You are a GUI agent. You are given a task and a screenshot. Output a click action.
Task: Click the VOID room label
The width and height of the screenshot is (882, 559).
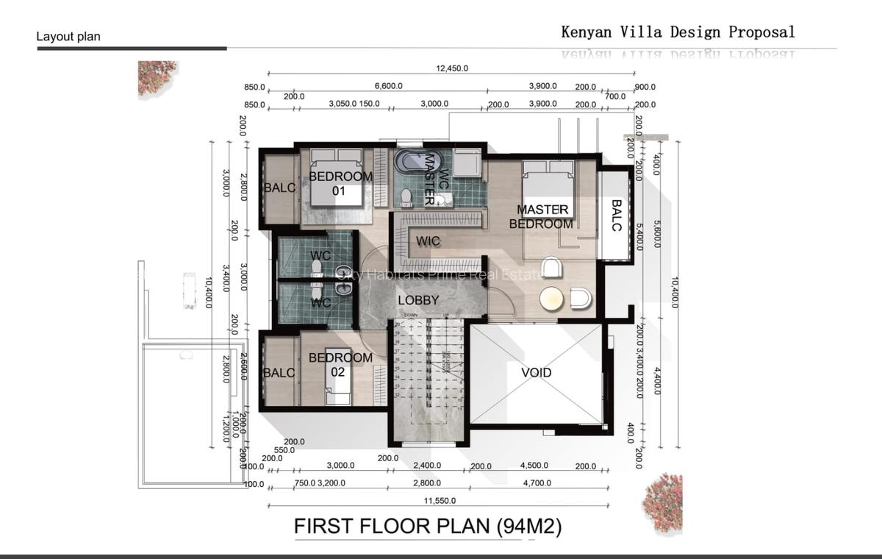coord(536,373)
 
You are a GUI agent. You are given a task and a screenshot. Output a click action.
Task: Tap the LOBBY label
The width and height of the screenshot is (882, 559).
coord(418,300)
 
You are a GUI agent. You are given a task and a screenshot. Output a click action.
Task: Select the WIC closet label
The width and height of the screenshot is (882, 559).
coord(428,241)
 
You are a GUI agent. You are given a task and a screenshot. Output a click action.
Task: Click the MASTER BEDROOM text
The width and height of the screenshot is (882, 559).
coord(542,217)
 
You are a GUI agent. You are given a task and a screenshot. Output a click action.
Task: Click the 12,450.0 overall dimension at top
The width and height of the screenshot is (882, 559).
coord(452,68)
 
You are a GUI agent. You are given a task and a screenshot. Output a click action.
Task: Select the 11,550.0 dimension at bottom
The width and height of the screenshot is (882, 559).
coord(439,500)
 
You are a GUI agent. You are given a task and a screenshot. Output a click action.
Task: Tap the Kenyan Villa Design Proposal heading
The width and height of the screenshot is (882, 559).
coord(678,32)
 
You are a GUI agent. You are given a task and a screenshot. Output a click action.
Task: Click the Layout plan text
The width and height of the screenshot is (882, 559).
coord(68,36)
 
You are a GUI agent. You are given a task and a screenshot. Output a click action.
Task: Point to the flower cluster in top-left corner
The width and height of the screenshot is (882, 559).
coord(157,78)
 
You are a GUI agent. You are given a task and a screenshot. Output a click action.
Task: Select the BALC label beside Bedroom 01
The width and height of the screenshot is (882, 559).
coord(279,188)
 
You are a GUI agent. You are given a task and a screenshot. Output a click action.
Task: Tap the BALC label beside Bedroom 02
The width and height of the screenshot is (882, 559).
coord(279,373)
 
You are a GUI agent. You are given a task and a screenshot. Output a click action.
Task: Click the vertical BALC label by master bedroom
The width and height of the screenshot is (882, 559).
coord(616,216)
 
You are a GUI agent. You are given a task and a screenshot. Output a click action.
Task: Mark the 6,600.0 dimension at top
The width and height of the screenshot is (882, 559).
coord(388,86)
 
